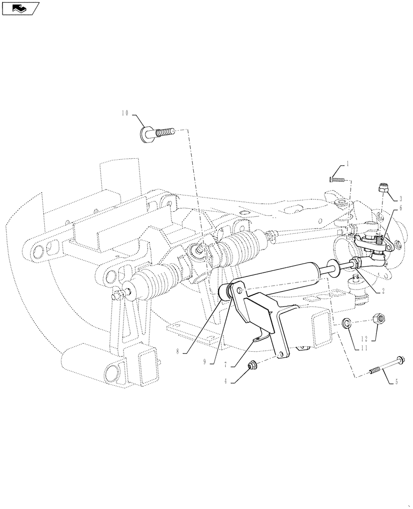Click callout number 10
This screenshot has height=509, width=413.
pyautogui.click(x=125, y=113)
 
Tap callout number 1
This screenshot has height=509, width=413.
pyautogui.click(x=348, y=164)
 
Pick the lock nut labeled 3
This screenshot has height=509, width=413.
pyautogui.click(x=384, y=188)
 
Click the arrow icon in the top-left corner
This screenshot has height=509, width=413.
pyautogui.click(x=19, y=8)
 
